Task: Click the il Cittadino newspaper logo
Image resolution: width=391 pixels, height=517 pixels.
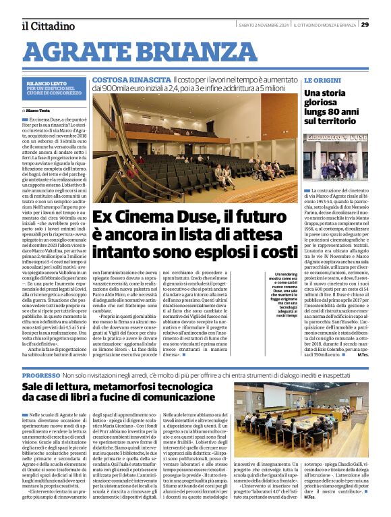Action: [48, 26]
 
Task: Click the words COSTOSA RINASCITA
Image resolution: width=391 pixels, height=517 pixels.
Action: [120, 80]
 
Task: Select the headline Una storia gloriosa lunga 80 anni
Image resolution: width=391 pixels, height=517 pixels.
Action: [334, 107]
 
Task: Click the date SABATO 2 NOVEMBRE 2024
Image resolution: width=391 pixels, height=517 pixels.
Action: [264, 25]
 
